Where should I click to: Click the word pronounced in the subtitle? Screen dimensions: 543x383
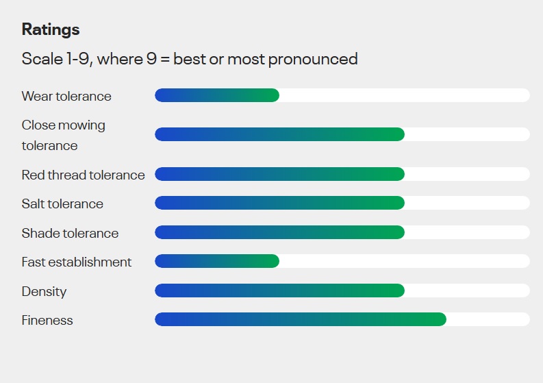pos(313,60)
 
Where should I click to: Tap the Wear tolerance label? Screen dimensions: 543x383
pos(66,96)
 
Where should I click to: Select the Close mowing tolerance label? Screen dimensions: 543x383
pos(64,135)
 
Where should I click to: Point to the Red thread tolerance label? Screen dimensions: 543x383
pos(83,175)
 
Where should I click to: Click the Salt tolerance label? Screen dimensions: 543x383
pos(62,203)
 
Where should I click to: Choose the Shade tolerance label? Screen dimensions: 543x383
pos(70,233)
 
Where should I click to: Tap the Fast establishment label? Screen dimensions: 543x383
pos(77,262)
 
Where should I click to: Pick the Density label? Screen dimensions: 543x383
pos(44,291)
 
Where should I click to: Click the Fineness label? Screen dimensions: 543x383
pos(47,320)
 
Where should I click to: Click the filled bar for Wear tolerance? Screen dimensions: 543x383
pos(217,95)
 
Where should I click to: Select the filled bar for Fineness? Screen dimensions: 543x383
pos(301,319)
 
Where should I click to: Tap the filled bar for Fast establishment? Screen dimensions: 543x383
pos(217,261)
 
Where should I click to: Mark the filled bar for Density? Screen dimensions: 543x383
pos(280,291)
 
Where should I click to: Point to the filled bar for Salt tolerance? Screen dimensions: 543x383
pos(280,203)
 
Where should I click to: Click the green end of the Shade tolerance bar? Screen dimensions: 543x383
pos(399,232)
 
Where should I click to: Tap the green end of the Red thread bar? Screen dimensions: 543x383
pos(399,174)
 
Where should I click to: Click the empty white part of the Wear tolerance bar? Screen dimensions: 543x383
pos(405,95)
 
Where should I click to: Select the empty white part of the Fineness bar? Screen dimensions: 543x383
pos(488,319)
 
